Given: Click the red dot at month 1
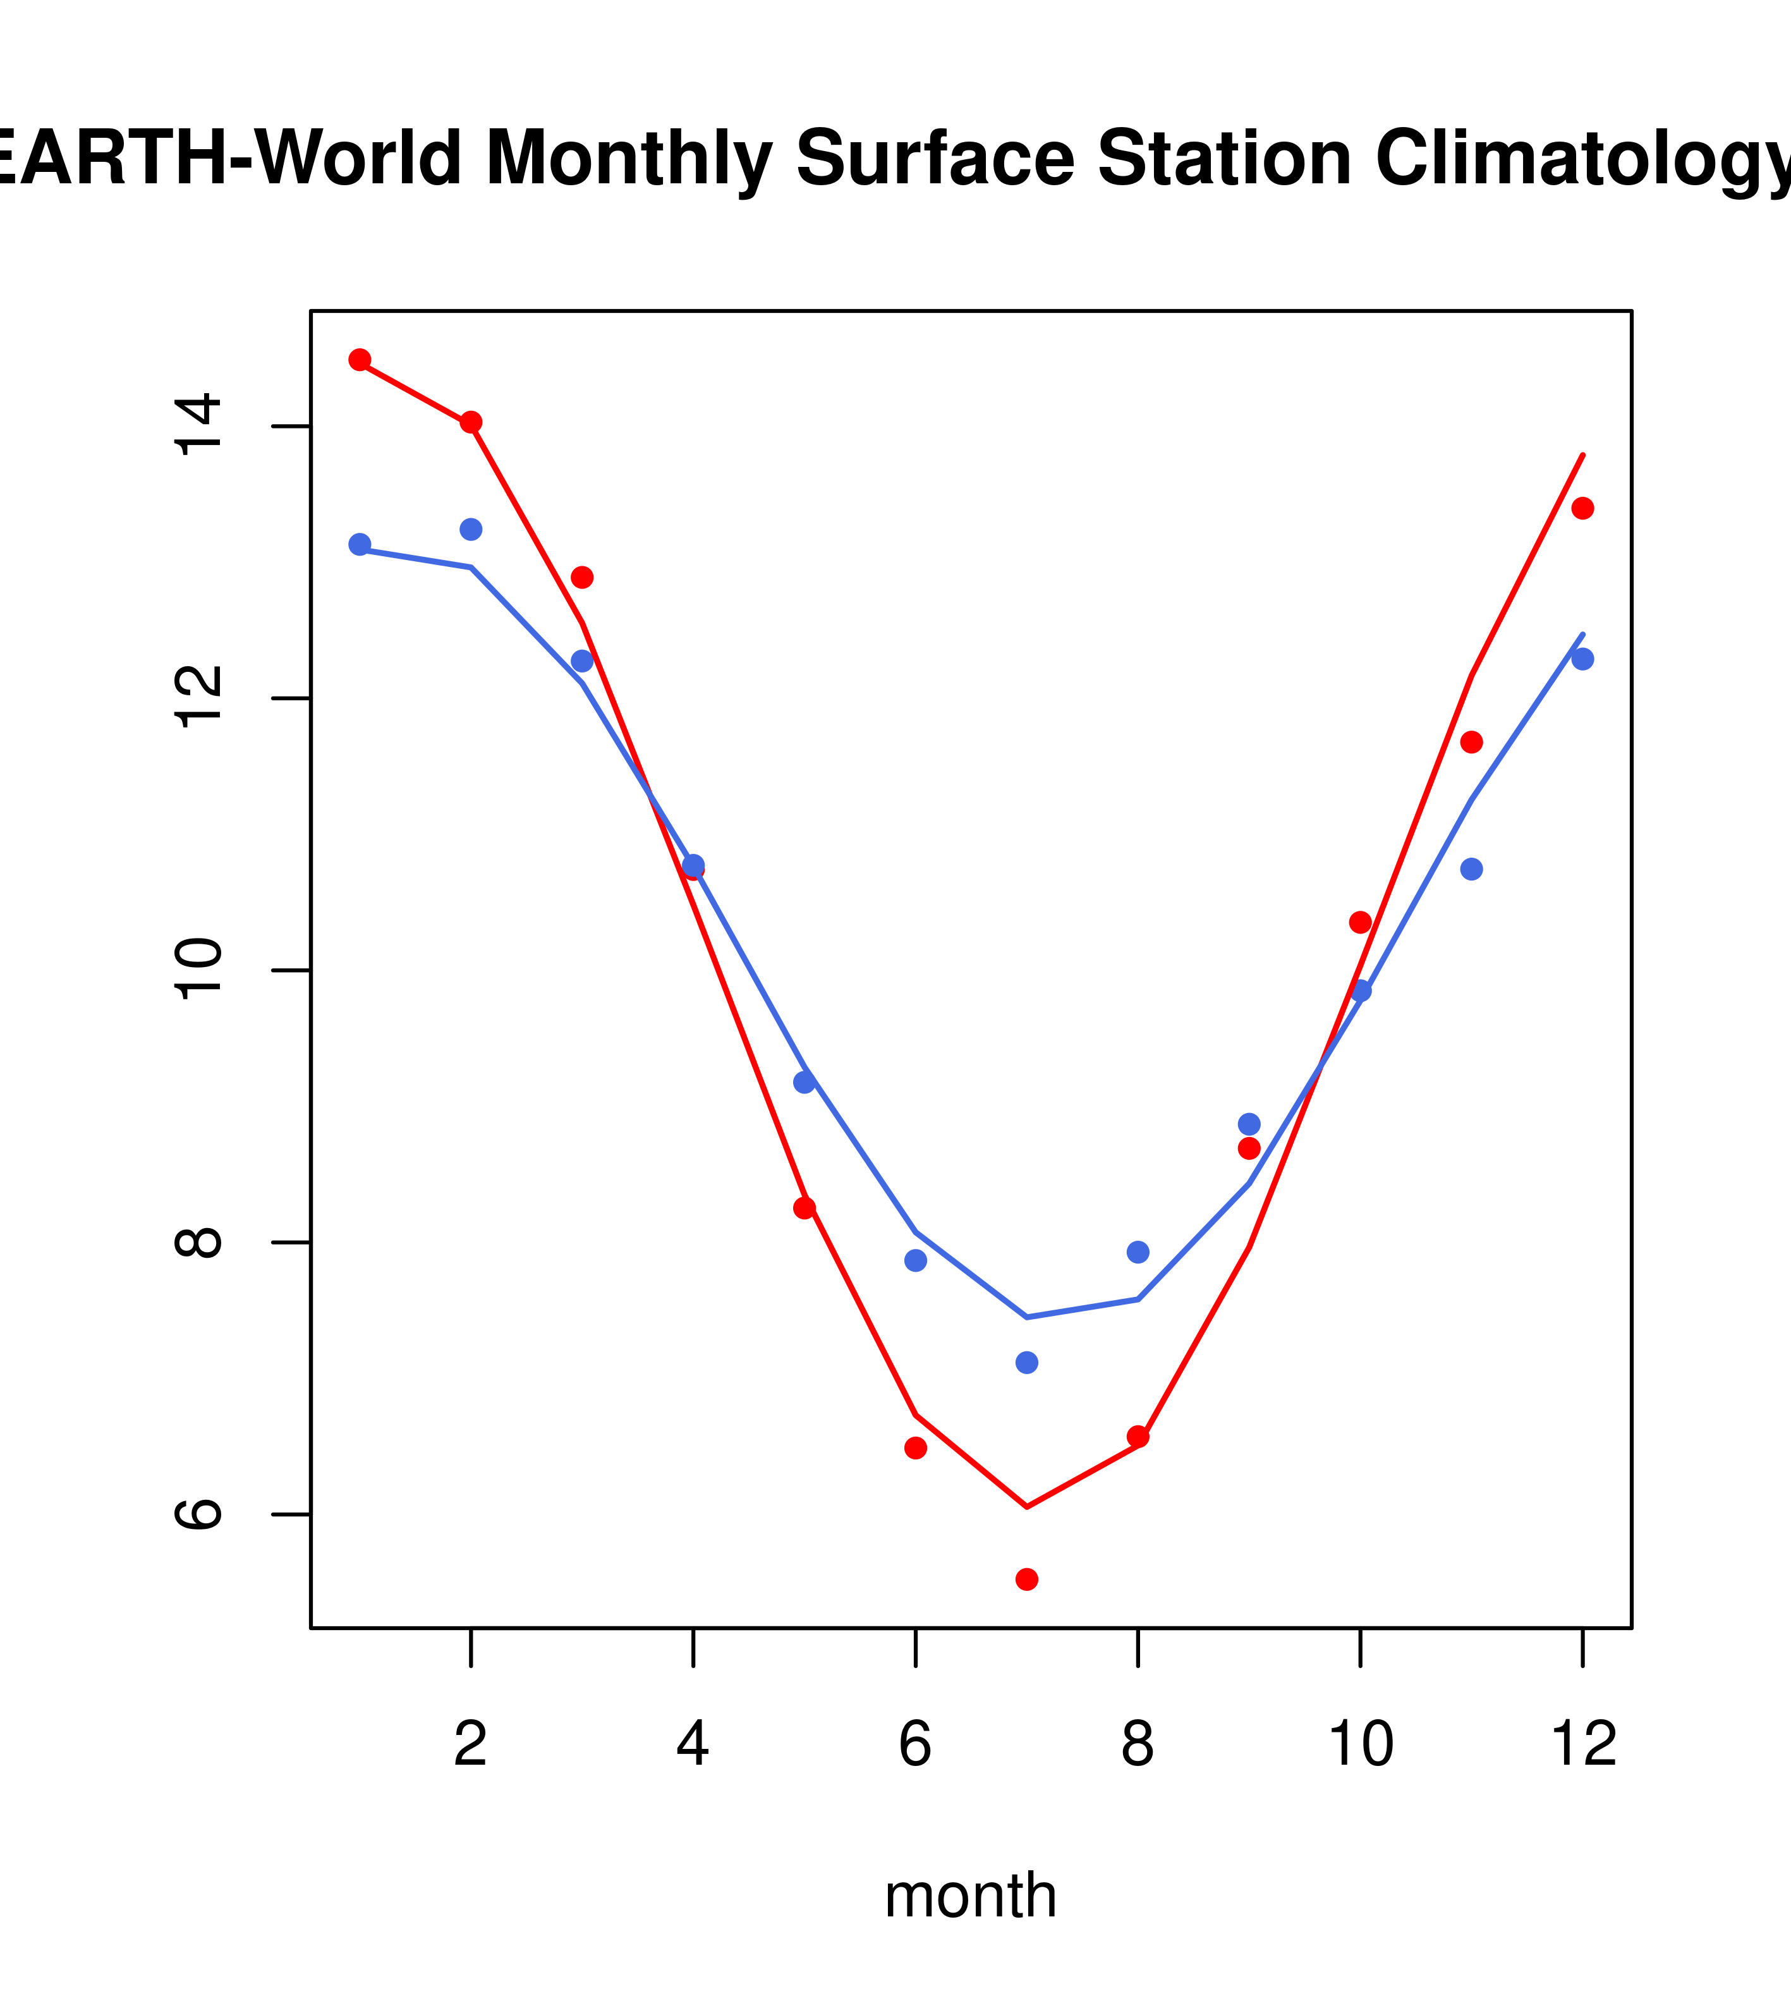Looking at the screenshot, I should [360, 360].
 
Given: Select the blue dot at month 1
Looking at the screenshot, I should [360, 544].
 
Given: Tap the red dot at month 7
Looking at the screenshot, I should [1027, 1580].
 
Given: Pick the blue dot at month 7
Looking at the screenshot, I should [1027, 1362].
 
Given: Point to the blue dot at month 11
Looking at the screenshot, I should [1472, 868].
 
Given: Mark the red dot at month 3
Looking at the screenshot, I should [583, 576].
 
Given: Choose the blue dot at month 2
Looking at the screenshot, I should [471, 530].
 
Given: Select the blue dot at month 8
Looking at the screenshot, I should [1138, 1252].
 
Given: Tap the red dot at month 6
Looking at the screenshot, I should [916, 1448].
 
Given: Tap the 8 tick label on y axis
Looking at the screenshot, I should [199, 1241].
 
